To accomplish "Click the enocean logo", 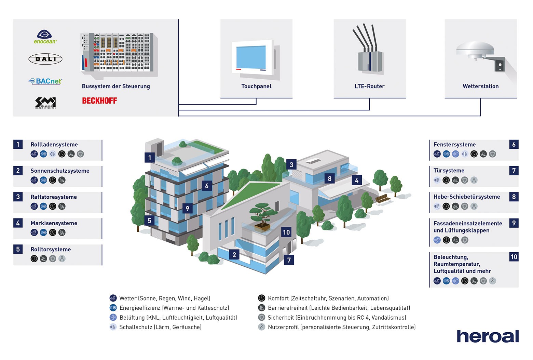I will point(45,37).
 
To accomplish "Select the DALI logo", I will point(45,59).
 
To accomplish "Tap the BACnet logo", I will point(45,81).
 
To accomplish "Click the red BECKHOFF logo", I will point(99,101).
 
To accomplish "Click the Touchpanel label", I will point(256,86).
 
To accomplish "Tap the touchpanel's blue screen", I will point(251,57).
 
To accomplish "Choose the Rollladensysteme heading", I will point(54,145).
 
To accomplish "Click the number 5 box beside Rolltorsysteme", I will point(18,249).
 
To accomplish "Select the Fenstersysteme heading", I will point(454,145).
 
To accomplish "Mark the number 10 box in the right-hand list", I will point(514,257).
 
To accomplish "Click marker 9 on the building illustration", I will point(187,209).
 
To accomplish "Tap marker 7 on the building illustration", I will point(289,260).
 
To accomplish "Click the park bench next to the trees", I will point(382,199).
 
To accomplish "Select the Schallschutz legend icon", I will point(113,327).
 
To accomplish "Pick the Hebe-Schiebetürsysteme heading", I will point(466,197).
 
